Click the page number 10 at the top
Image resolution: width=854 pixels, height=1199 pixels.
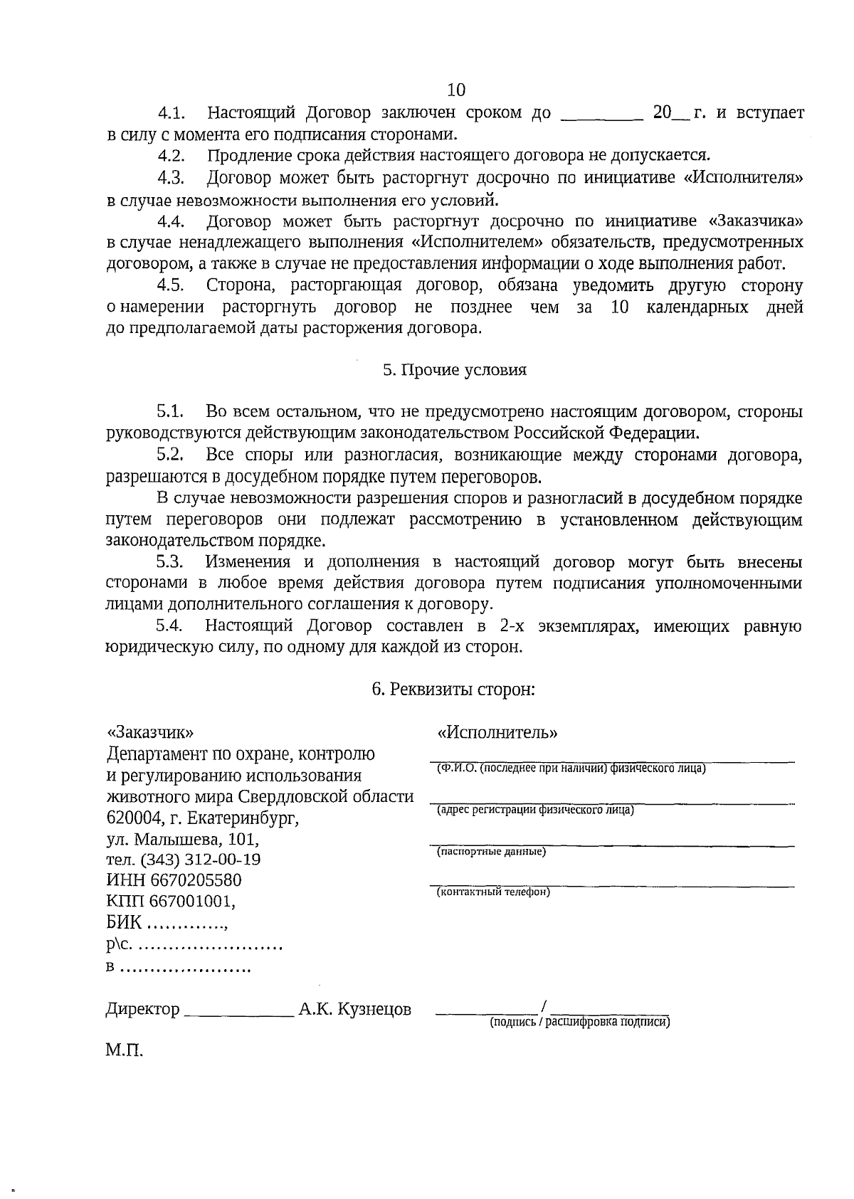(456, 90)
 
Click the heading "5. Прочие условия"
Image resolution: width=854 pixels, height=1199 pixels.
(455, 370)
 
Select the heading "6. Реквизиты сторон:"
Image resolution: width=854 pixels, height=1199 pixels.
(453, 690)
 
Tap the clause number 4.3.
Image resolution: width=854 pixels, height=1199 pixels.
(172, 178)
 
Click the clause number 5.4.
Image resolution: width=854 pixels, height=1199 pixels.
(171, 626)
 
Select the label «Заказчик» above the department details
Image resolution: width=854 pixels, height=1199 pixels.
(149, 733)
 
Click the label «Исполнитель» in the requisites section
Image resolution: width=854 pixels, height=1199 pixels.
(497, 733)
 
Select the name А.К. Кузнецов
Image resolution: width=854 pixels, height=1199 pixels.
(355, 1009)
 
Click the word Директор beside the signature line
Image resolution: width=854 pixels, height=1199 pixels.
(143, 1009)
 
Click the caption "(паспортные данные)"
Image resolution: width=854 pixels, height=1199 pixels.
(491, 851)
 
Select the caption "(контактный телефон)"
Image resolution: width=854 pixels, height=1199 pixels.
(493, 892)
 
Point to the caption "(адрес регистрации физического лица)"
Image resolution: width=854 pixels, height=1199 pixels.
(535, 810)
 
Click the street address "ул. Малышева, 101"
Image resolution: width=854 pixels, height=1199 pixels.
(182, 839)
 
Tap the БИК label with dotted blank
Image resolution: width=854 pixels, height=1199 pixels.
(167, 924)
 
